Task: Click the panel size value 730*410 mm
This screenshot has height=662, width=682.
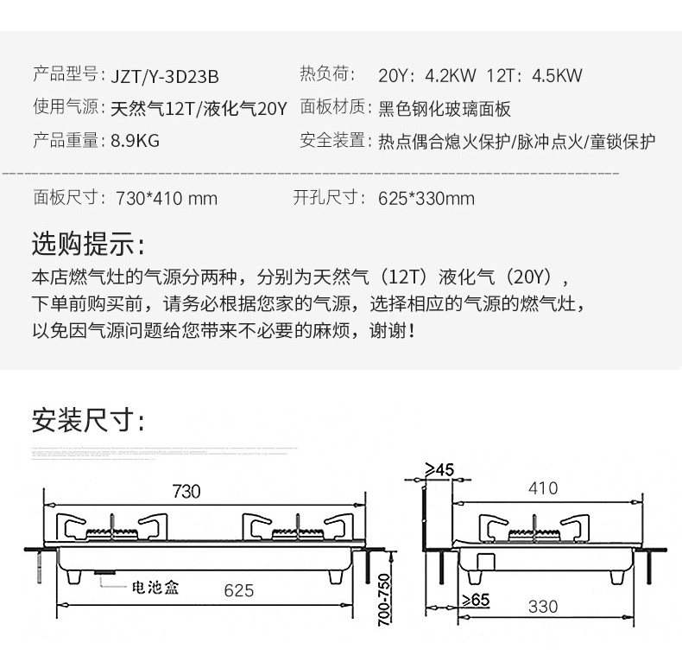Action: pyautogui.click(x=166, y=199)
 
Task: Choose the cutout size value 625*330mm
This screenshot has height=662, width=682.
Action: pyautogui.click(x=426, y=199)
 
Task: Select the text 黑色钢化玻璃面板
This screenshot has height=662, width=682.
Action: pyautogui.click(x=445, y=109)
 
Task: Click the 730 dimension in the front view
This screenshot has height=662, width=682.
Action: pyautogui.click(x=186, y=492)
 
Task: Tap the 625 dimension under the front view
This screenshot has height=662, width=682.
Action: pyautogui.click(x=238, y=590)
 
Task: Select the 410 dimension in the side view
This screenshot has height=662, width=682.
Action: pyautogui.click(x=543, y=488)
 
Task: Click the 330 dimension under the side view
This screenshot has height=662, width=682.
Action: pyautogui.click(x=543, y=607)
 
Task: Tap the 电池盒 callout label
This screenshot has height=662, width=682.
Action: pyautogui.click(x=154, y=589)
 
